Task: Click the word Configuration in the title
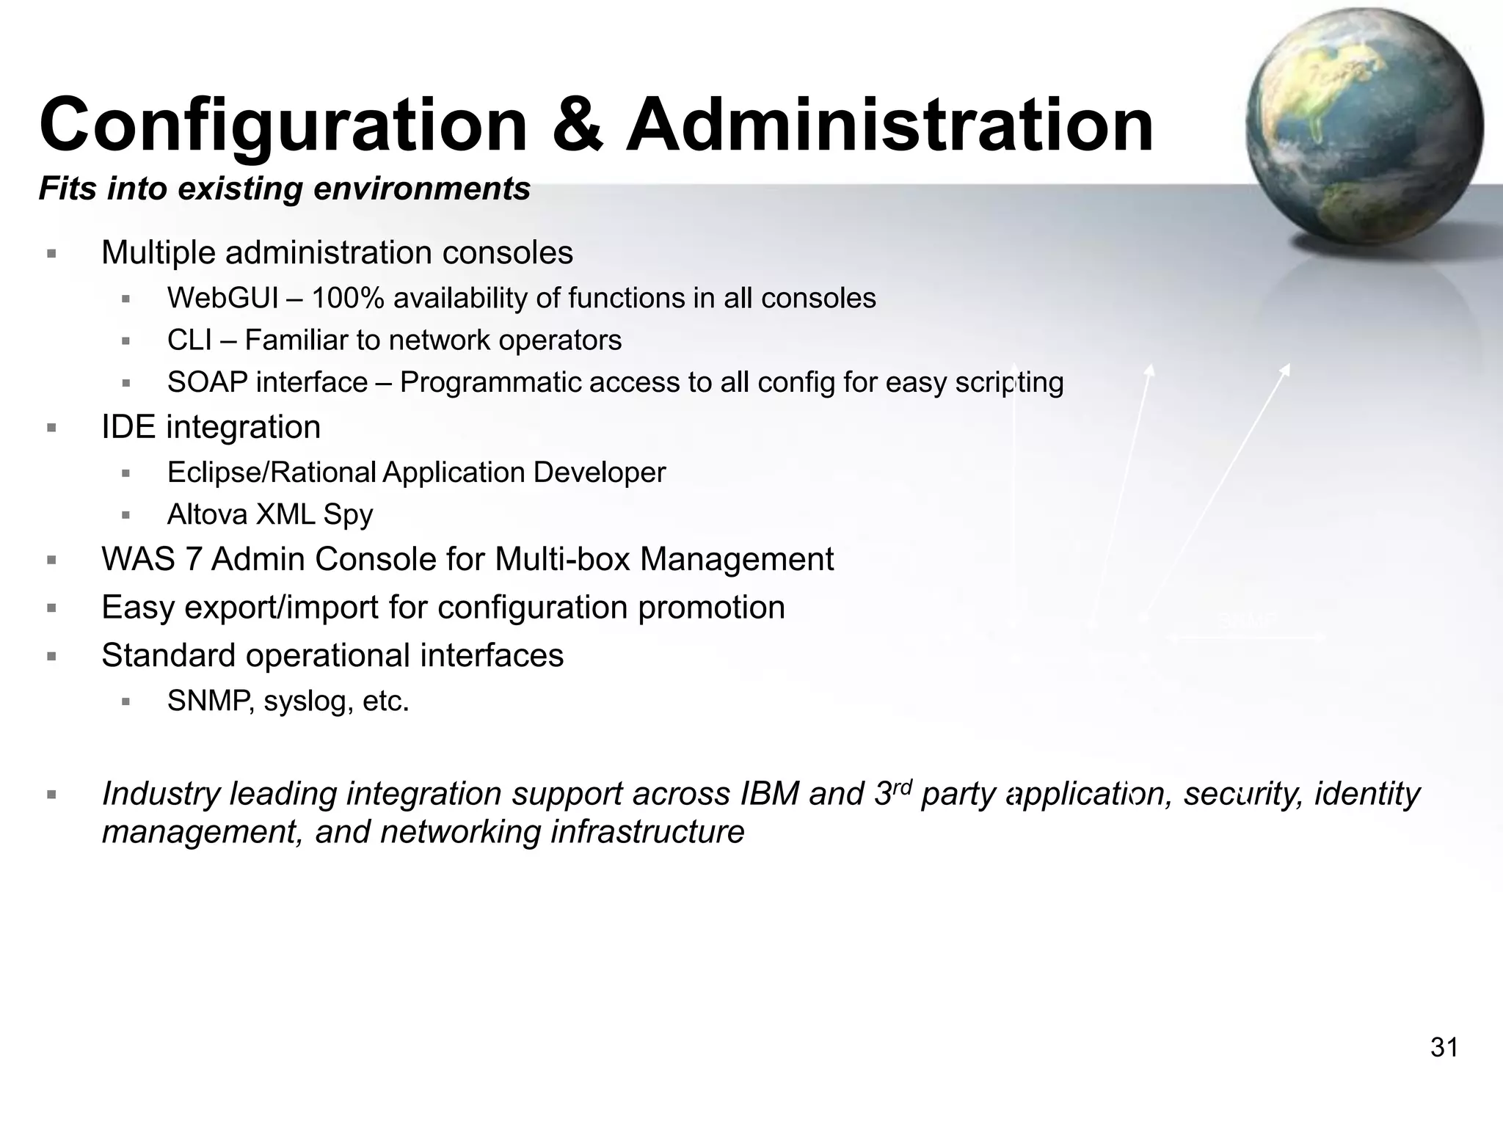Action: tap(283, 126)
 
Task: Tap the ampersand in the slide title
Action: tap(577, 126)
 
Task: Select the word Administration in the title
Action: tap(889, 126)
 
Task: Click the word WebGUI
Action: tap(222, 299)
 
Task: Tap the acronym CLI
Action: tap(189, 340)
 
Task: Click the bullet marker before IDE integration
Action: tap(51, 428)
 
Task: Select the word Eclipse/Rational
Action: tap(272, 473)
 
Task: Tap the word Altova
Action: tap(207, 515)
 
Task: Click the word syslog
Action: tap(302, 702)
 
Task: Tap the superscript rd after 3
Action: tap(901, 786)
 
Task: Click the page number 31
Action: tap(1444, 1048)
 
